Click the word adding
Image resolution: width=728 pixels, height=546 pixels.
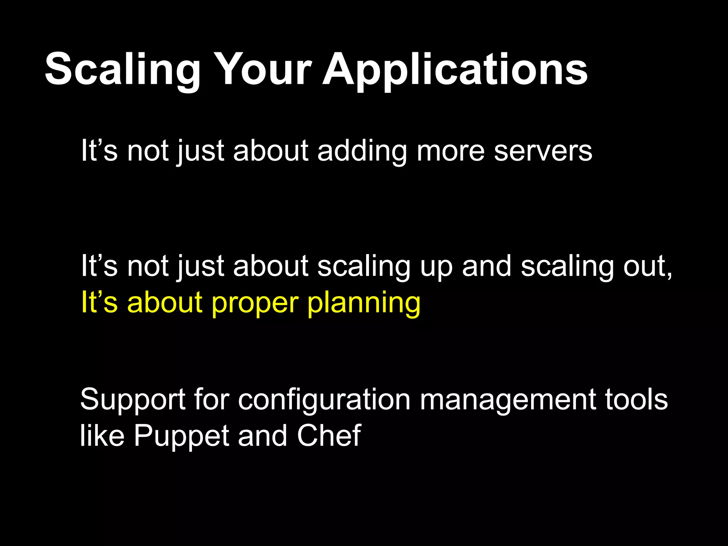(362, 151)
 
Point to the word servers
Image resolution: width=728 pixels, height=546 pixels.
(543, 151)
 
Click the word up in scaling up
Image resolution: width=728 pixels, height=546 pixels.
(436, 267)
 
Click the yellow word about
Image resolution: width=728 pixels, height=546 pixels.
(165, 302)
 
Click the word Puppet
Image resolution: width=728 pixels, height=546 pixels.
(181, 437)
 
